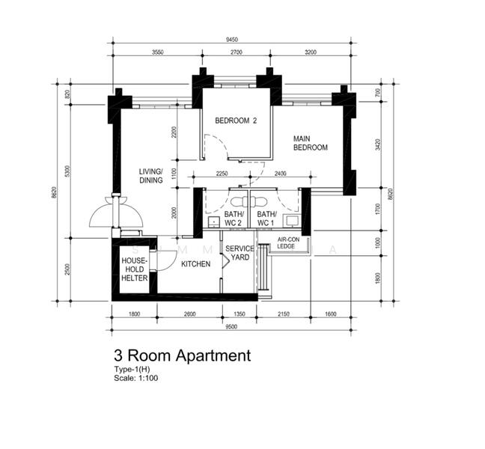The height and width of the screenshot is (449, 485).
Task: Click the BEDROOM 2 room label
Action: pos(236,120)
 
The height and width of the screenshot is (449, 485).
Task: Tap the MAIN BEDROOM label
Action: pos(310,143)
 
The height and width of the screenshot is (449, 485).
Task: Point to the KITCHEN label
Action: pos(195,264)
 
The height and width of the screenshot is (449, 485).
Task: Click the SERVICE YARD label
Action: pos(240,253)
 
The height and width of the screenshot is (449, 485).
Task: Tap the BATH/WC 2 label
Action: pos(233,219)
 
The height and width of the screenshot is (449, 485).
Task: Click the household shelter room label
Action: pos(135,269)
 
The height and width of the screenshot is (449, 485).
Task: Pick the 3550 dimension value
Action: pos(156,52)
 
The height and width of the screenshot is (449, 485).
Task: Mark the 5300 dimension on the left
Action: pos(67,171)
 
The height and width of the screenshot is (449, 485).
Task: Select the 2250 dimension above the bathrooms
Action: pos(222,174)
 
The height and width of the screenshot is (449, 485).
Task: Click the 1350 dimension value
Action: pos(240,314)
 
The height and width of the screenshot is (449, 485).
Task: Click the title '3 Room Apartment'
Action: pos(182,355)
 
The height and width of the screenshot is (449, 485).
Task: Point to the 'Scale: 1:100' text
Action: pos(135,378)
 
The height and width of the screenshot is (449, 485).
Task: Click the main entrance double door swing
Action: pos(115,213)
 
